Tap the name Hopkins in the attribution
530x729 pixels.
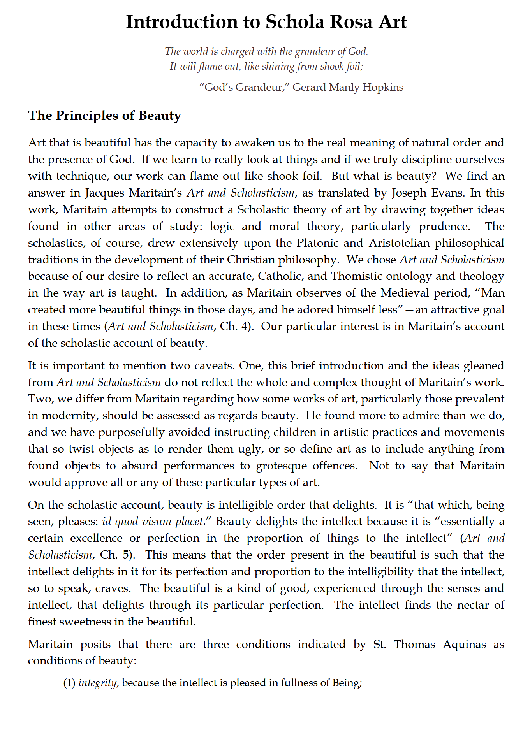(383, 87)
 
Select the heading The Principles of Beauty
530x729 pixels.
(104, 116)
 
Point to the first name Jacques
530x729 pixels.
(103, 193)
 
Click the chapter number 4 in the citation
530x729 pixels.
(244, 327)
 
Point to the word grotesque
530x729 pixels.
(282, 466)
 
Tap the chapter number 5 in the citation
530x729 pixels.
(124, 555)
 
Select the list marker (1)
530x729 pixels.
(69, 683)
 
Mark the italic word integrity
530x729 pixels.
(97, 683)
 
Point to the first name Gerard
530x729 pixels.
(309, 87)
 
